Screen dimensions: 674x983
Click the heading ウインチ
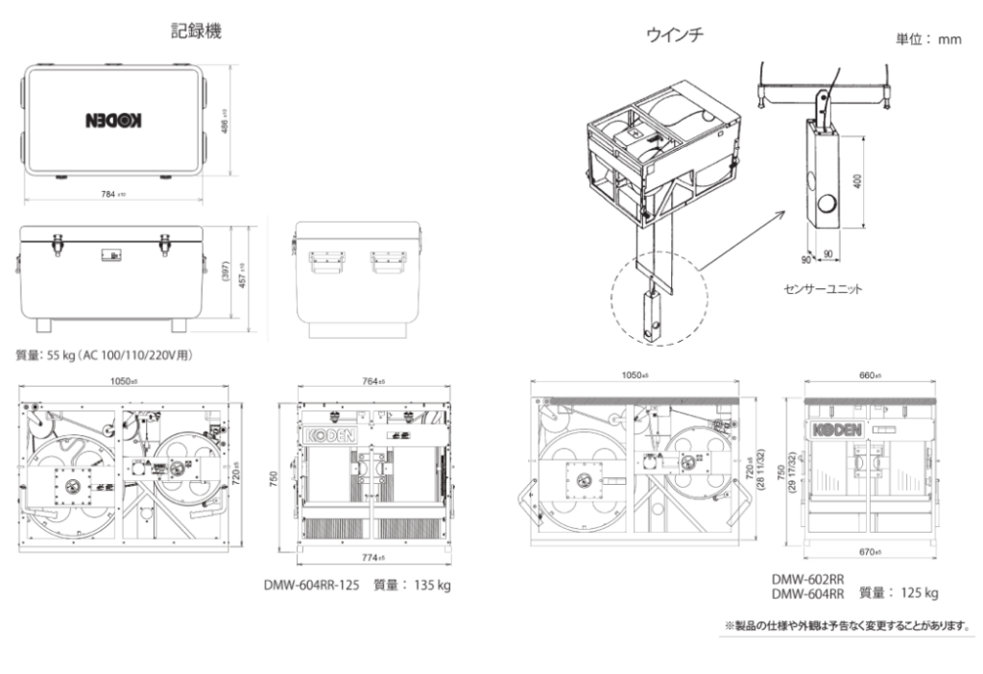[x=675, y=36]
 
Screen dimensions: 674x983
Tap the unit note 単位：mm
[x=928, y=40]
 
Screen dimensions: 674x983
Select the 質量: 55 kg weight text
[x=105, y=355]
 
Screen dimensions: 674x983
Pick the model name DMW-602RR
[x=807, y=579]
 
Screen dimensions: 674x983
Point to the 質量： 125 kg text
[x=899, y=592]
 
